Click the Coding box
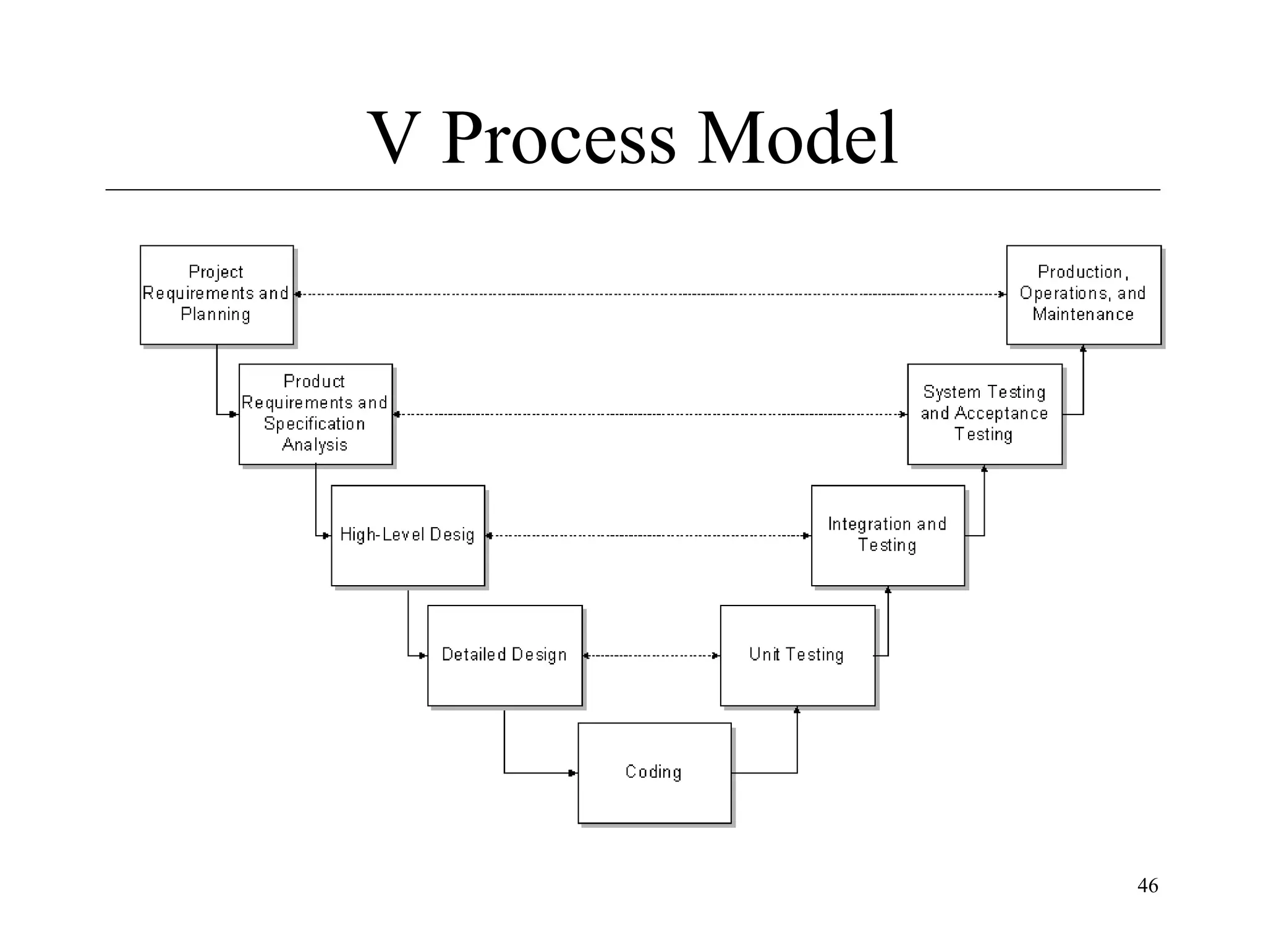click(654, 772)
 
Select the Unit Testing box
click(797, 655)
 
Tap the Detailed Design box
click(504, 655)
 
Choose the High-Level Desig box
click(407, 535)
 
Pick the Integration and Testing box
click(888, 535)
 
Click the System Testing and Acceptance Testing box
click(984, 413)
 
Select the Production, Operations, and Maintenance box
click(1083, 294)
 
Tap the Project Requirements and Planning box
click(216, 294)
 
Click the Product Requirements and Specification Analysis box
click(315, 413)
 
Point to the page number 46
click(1147, 885)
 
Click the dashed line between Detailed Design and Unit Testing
click(652, 656)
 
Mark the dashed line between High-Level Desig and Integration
click(648, 536)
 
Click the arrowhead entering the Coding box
click(573, 773)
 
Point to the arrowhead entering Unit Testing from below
click(797, 711)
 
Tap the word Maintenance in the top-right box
click(1083, 314)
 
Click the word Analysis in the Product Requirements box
click(315, 445)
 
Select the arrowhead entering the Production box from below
click(1083, 349)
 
